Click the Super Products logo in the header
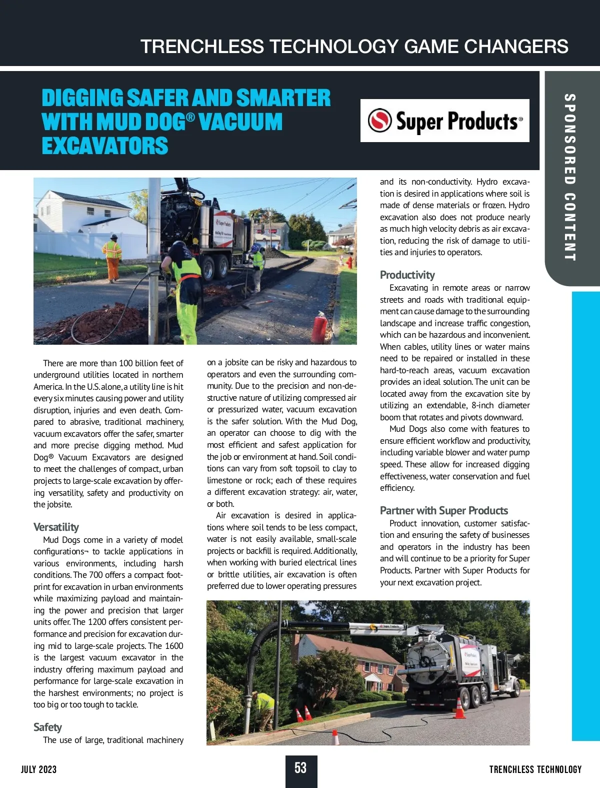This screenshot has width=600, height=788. click(444, 121)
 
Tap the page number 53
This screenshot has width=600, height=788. click(300, 768)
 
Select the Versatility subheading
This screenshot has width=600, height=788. click(56, 527)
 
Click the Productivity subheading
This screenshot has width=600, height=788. click(407, 275)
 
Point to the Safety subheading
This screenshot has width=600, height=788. click(47, 727)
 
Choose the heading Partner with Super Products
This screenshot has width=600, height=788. click(443, 510)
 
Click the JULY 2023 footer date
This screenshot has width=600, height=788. click(38, 769)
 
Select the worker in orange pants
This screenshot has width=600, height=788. click(113, 258)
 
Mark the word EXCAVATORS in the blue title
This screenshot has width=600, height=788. click(105, 146)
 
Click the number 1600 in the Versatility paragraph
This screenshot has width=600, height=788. click(173, 646)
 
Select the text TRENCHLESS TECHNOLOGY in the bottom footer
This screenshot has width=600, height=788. click(535, 769)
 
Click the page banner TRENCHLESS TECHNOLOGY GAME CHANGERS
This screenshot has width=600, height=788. click(354, 47)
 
